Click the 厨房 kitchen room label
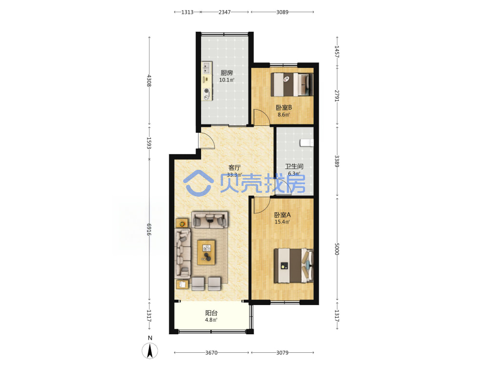pyautogui.click(x=226, y=73)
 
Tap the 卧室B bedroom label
pyautogui.click(x=284, y=108)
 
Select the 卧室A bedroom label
pyautogui.click(x=282, y=215)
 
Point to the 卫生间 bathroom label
pyautogui.click(x=294, y=166)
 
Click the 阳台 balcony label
pyautogui.click(x=211, y=313)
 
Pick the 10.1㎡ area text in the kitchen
pyautogui.click(x=226, y=80)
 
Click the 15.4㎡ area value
pyautogui.click(x=282, y=222)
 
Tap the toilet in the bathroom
pyautogui.click(x=306, y=143)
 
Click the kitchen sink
pyautogui.click(x=206, y=67)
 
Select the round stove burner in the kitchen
pyautogui.click(x=206, y=91)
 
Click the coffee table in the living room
pyautogui.click(x=206, y=252)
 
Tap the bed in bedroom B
pyautogui.click(x=292, y=84)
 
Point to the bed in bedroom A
pyautogui.click(x=293, y=265)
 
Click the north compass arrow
pyautogui.click(x=150, y=351)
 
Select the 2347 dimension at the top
pyautogui.click(x=224, y=12)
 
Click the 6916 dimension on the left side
pyautogui.click(x=149, y=229)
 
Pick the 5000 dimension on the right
pyautogui.click(x=337, y=249)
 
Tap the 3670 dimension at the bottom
pyautogui.click(x=211, y=353)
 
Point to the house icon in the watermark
pyautogui.click(x=198, y=183)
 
